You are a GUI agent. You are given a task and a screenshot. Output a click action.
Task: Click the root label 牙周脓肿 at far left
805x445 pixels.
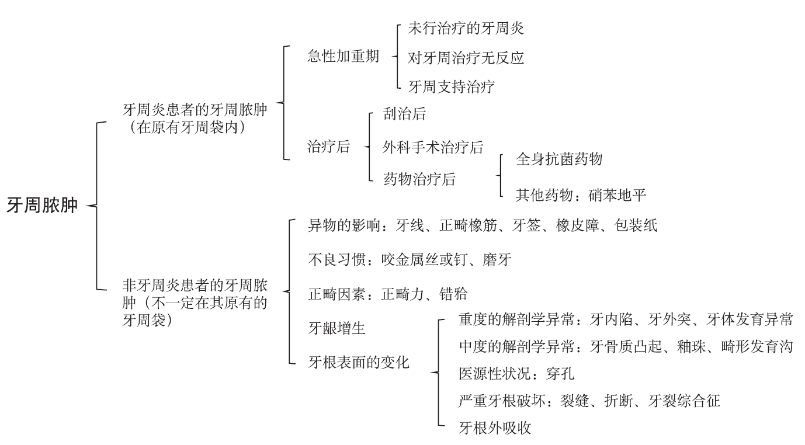pos(42,206)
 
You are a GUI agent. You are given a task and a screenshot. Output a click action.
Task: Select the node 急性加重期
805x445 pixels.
pos(343,57)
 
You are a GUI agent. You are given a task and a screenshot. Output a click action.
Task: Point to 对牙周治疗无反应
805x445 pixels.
pos(458,57)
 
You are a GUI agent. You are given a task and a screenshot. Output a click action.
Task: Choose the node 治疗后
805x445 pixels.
pos(328,147)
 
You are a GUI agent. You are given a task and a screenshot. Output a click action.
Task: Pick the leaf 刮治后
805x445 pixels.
pos(404,113)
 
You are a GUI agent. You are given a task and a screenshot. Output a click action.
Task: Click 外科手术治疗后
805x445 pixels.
pos(433,147)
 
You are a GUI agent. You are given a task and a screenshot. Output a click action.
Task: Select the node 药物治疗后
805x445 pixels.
pos(419,179)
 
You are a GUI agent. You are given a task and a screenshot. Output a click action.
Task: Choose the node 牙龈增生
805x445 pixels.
pos(336,328)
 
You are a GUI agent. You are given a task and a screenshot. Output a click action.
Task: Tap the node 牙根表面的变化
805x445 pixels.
pos(359,362)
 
